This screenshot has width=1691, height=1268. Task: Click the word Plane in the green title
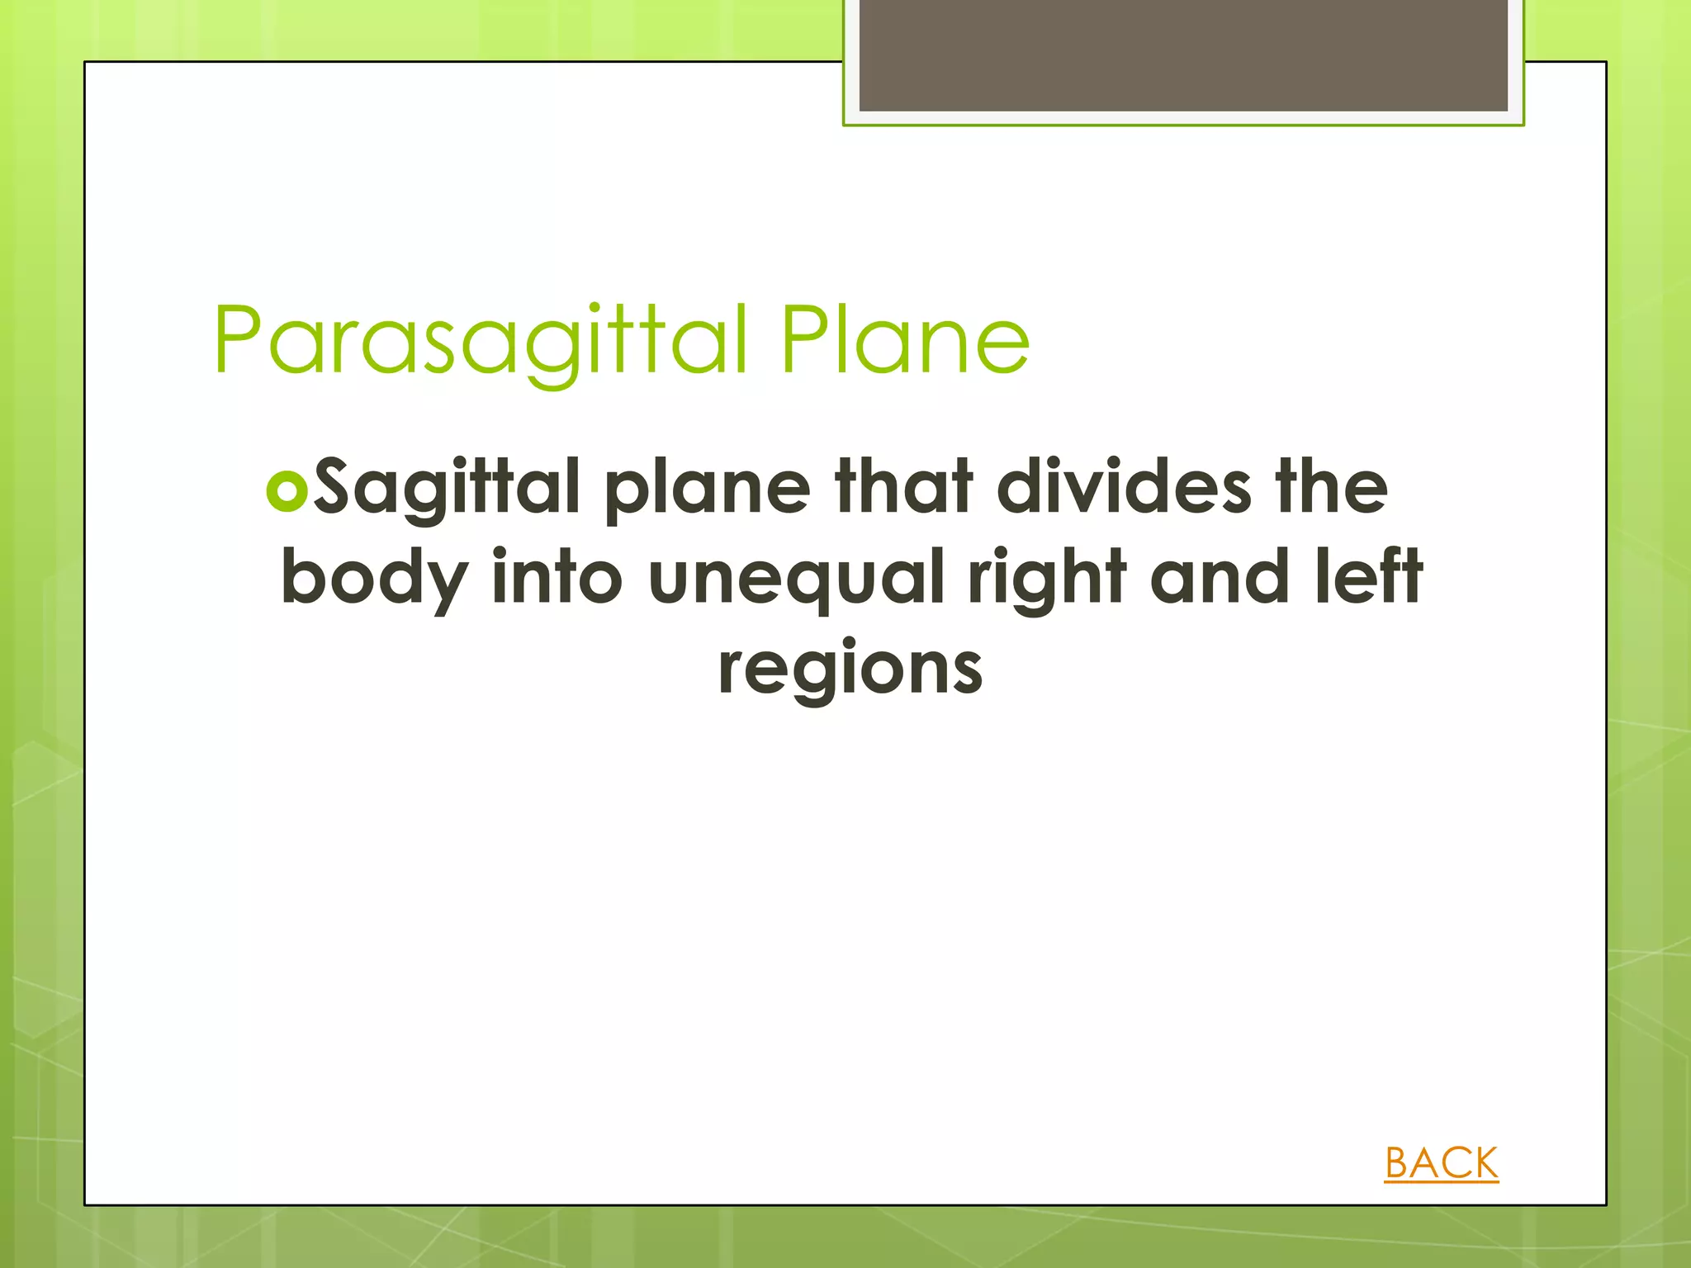[x=905, y=340]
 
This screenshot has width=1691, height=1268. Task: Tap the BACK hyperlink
[x=1441, y=1163]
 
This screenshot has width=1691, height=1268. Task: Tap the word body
[x=373, y=578]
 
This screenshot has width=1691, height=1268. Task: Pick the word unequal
[x=796, y=578]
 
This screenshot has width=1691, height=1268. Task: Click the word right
[x=1047, y=578]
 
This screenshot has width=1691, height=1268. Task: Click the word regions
[x=850, y=669]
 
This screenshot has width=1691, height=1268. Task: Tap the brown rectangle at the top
[x=1183, y=54]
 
